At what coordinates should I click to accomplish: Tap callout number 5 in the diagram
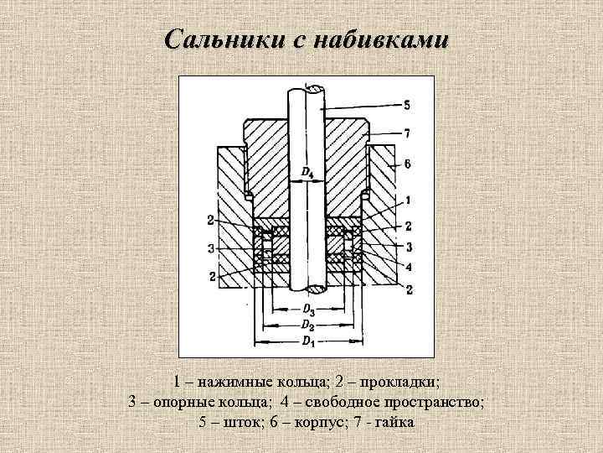click(x=406, y=105)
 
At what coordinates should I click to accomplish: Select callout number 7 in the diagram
click(x=406, y=133)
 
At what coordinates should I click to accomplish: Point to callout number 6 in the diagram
click(x=406, y=164)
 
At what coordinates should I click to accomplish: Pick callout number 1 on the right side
click(x=406, y=200)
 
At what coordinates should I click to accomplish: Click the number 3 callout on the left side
click(x=210, y=247)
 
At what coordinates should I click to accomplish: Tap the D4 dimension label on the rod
click(x=307, y=173)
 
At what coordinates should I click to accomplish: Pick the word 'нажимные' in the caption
click(x=227, y=382)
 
